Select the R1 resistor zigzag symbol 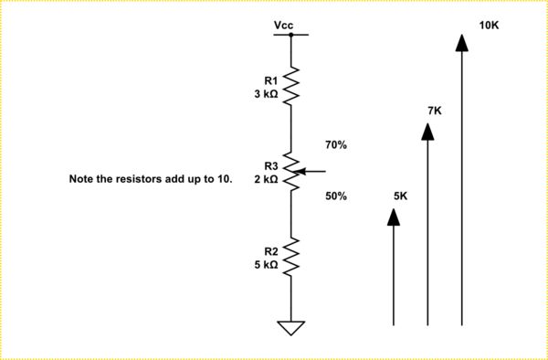point(291,85)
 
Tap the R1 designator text point(271,80)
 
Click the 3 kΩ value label point(266,93)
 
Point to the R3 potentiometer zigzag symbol point(291,171)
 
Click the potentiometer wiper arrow point(311,171)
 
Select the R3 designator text point(270,166)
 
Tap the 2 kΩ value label point(266,179)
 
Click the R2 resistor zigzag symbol point(291,258)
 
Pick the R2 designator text point(271,251)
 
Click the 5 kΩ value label point(266,265)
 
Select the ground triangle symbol point(291,327)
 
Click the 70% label point(336,145)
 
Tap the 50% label point(336,196)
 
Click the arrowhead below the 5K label point(394,216)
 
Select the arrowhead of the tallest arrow point(462,42)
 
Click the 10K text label point(489,25)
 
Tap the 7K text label point(435,111)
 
